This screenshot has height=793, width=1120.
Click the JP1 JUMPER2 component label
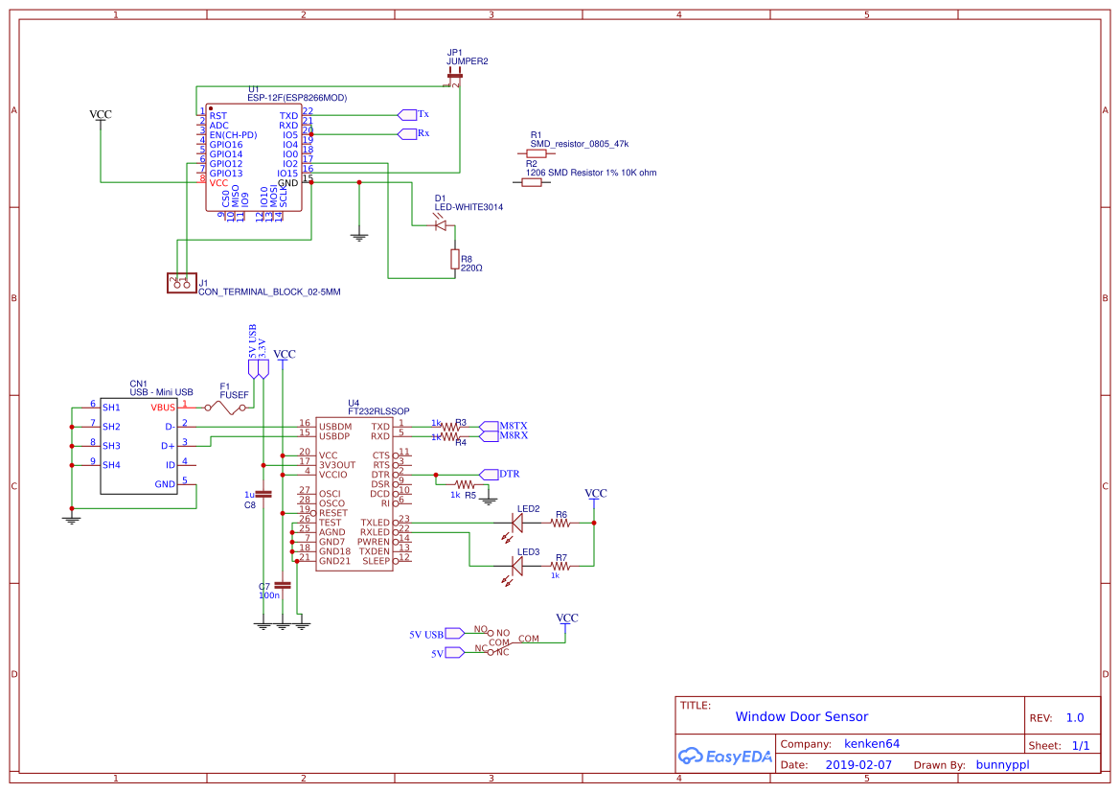[x=467, y=57]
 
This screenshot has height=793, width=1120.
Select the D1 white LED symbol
[x=441, y=225]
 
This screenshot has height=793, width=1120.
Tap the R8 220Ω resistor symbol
[x=454, y=259]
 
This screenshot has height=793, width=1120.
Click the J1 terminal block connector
[x=179, y=284]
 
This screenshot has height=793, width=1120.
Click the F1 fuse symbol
[x=229, y=408]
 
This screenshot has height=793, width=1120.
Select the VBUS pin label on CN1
[x=162, y=408]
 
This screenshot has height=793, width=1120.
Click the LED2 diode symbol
[x=517, y=523]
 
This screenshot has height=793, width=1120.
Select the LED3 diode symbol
[x=517, y=566]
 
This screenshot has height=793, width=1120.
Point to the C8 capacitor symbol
[x=263, y=494]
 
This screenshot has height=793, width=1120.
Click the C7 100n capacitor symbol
[x=282, y=584]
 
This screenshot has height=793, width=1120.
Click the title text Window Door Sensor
[x=801, y=716]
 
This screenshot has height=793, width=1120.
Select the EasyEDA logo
[x=724, y=756]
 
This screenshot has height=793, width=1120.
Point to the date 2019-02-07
[x=857, y=765]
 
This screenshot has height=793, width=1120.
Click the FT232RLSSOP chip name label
[x=378, y=411]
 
